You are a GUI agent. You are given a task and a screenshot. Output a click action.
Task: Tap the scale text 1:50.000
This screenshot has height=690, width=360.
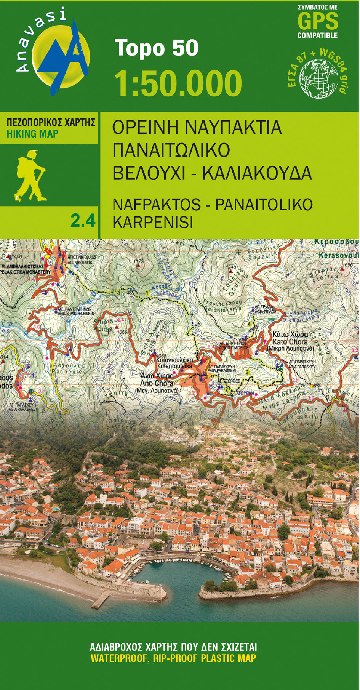tap(178, 83)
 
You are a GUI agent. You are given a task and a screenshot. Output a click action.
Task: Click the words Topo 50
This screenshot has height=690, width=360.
tap(157, 48)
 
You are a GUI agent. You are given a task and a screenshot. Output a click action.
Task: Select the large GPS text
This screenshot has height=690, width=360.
tap(317, 21)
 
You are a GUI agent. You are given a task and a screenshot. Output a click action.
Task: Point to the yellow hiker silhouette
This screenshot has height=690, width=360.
tap(30, 175)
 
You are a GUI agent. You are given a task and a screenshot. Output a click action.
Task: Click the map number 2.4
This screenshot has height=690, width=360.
tap(83, 221)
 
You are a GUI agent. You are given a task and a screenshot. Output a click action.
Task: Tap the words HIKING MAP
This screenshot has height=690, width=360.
tap(32, 134)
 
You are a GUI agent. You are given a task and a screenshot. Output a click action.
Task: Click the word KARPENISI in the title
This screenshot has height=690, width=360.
tap(152, 222)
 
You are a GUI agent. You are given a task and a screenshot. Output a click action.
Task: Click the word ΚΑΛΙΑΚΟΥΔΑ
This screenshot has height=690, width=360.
tap(257, 173)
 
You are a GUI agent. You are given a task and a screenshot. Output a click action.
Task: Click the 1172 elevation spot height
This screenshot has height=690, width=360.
tap(138, 262)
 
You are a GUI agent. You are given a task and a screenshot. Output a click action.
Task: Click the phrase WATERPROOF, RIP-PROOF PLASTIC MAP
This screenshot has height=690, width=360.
tap(173, 658)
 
